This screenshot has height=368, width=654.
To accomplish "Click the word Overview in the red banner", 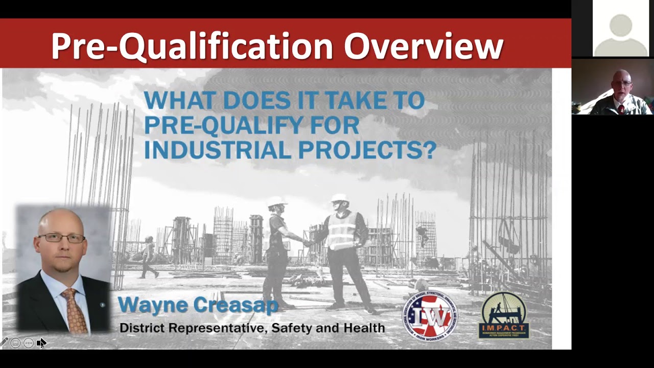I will (x=424, y=46).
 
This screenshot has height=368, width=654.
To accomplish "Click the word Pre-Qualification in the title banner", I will (x=192, y=46).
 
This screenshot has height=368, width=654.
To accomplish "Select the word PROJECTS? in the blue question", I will (x=367, y=150).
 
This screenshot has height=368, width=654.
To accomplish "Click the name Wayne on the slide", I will (x=153, y=305).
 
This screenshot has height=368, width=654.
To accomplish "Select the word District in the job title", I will (x=142, y=328).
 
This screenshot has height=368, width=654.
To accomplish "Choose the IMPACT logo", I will (x=503, y=315).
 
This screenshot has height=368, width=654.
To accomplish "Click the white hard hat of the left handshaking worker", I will (x=277, y=201).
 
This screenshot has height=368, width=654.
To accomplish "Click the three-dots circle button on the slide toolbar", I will (x=28, y=343).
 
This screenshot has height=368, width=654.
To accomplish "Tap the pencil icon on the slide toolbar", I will (x=4, y=342).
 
